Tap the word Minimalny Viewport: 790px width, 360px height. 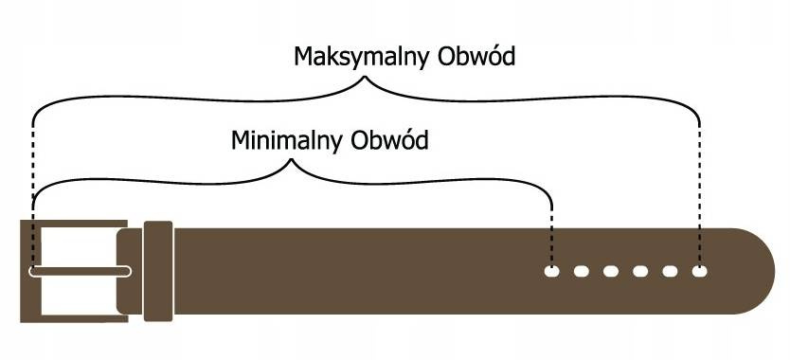tap(288, 142)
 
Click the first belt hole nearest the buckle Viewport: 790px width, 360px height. tap(552, 272)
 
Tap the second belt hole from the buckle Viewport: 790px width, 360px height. tap(582, 272)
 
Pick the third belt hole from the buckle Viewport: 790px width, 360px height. tap(611, 272)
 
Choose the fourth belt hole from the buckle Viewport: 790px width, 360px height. tap(640, 272)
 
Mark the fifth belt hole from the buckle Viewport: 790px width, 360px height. tap(670, 272)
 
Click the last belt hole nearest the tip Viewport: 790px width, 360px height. tap(699, 272)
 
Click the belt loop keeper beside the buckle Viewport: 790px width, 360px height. tap(157, 272)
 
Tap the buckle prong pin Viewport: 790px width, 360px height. tap(81, 272)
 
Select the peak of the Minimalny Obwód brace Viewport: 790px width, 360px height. tap(292, 162)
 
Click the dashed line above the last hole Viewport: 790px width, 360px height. tap(699, 189)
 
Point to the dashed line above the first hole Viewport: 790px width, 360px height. tap(552, 232)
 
